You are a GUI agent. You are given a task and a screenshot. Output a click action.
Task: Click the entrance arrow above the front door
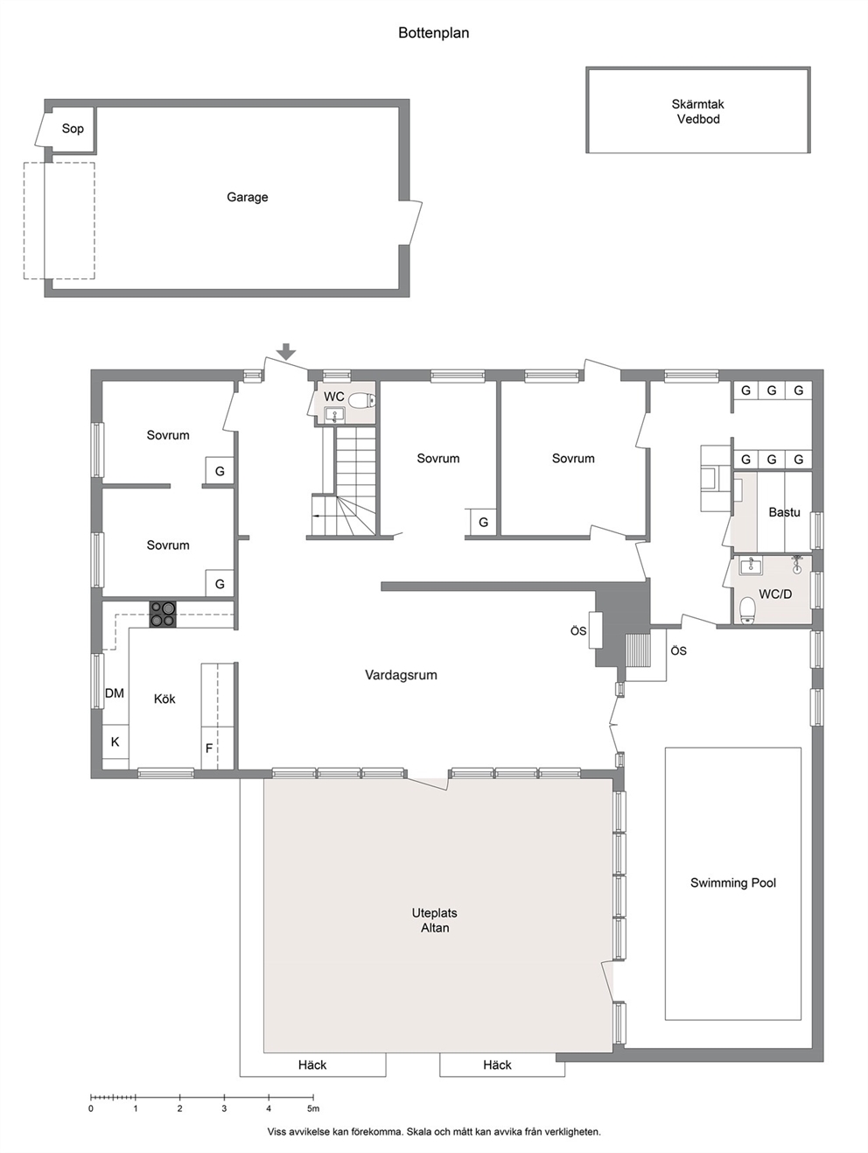tap(286, 351)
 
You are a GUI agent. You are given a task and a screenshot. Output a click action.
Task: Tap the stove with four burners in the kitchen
tap(163, 614)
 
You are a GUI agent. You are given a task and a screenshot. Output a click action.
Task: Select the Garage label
tap(247, 197)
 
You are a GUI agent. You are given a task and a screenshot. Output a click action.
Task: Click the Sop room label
tap(73, 128)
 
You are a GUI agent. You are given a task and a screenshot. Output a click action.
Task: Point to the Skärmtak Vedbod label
tap(698, 111)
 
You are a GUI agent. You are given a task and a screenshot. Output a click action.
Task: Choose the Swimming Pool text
tap(732, 882)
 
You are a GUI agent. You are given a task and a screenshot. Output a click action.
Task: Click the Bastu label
tap(784, 511)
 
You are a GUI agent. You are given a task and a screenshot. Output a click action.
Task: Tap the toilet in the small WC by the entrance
tap(362, 401)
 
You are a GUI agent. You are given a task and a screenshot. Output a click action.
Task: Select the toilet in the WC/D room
tap(747, 611)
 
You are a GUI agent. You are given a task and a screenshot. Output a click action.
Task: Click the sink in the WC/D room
tap(751, 566)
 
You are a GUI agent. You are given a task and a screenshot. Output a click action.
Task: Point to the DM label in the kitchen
tap(115, 693)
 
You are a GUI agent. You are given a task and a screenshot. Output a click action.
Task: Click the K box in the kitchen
tap(115, 742)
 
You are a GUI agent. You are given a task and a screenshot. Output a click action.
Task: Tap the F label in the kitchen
tap(209, 748)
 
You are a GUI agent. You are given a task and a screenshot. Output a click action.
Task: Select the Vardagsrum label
tap(401, 675)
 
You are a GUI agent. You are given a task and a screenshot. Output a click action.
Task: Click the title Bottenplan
tap(433, 32)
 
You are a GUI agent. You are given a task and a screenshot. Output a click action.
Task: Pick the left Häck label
tap(312, 1065)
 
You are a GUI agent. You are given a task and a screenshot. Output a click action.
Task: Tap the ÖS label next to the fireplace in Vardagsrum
tap(578, 631)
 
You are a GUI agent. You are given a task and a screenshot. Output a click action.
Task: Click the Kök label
tap(164, 699)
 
